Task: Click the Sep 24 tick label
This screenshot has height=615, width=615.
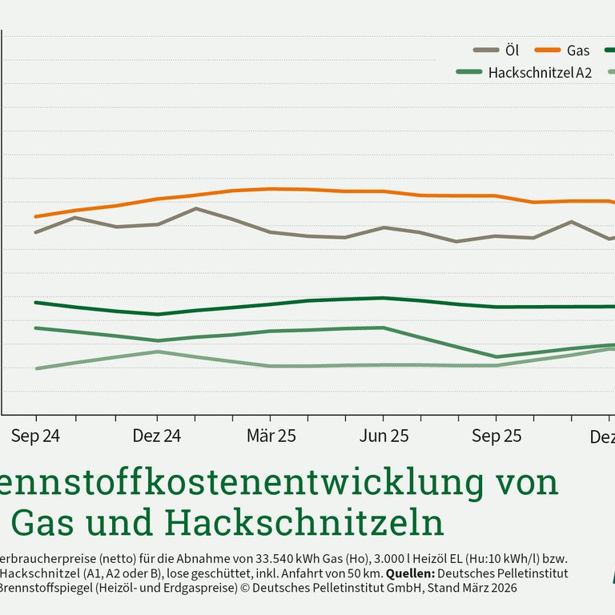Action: coord(36,436)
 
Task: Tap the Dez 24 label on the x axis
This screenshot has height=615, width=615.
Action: coord(157,436)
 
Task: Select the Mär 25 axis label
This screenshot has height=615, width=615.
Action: coord(271,436)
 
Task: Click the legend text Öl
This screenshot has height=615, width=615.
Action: coord(513,50)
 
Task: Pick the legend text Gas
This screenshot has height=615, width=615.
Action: coord(578,50)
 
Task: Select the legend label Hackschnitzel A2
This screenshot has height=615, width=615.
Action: coord(540,72)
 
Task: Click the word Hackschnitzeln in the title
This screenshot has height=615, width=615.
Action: coord(305,523)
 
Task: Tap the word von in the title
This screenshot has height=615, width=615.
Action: coord(524,482)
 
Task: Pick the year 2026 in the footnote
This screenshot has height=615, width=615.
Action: coord(499,588)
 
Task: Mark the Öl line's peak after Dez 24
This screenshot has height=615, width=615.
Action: coord(196,208)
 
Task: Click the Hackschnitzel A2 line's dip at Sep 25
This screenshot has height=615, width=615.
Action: coord(496,357)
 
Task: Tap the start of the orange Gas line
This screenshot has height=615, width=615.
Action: coord(36,216)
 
